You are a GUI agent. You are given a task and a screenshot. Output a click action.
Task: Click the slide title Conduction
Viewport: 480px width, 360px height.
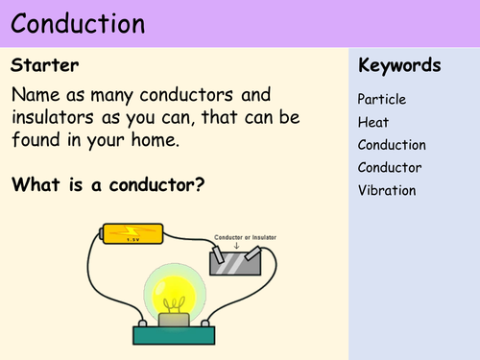click(79, 23)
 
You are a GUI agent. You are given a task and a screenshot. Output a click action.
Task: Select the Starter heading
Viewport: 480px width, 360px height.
click(44, 66)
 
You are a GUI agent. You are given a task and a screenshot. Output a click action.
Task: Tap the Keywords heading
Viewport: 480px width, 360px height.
click(398, 66)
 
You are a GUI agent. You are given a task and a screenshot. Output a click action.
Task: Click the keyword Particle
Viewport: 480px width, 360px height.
click(382, 99)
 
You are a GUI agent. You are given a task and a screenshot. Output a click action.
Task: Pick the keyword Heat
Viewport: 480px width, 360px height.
click(373, 122)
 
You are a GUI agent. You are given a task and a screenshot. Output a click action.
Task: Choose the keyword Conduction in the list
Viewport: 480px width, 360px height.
click(392, 145)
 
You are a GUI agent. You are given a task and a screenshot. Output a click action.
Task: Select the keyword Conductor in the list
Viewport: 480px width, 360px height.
click(390, 168)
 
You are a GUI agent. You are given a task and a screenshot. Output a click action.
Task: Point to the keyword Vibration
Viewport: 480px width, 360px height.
click(387, 190)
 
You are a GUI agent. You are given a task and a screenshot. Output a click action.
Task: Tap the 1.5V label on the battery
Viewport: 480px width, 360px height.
click(122, 240)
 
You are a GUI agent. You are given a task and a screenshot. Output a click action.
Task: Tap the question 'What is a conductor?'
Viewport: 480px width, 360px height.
click(108, 183)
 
